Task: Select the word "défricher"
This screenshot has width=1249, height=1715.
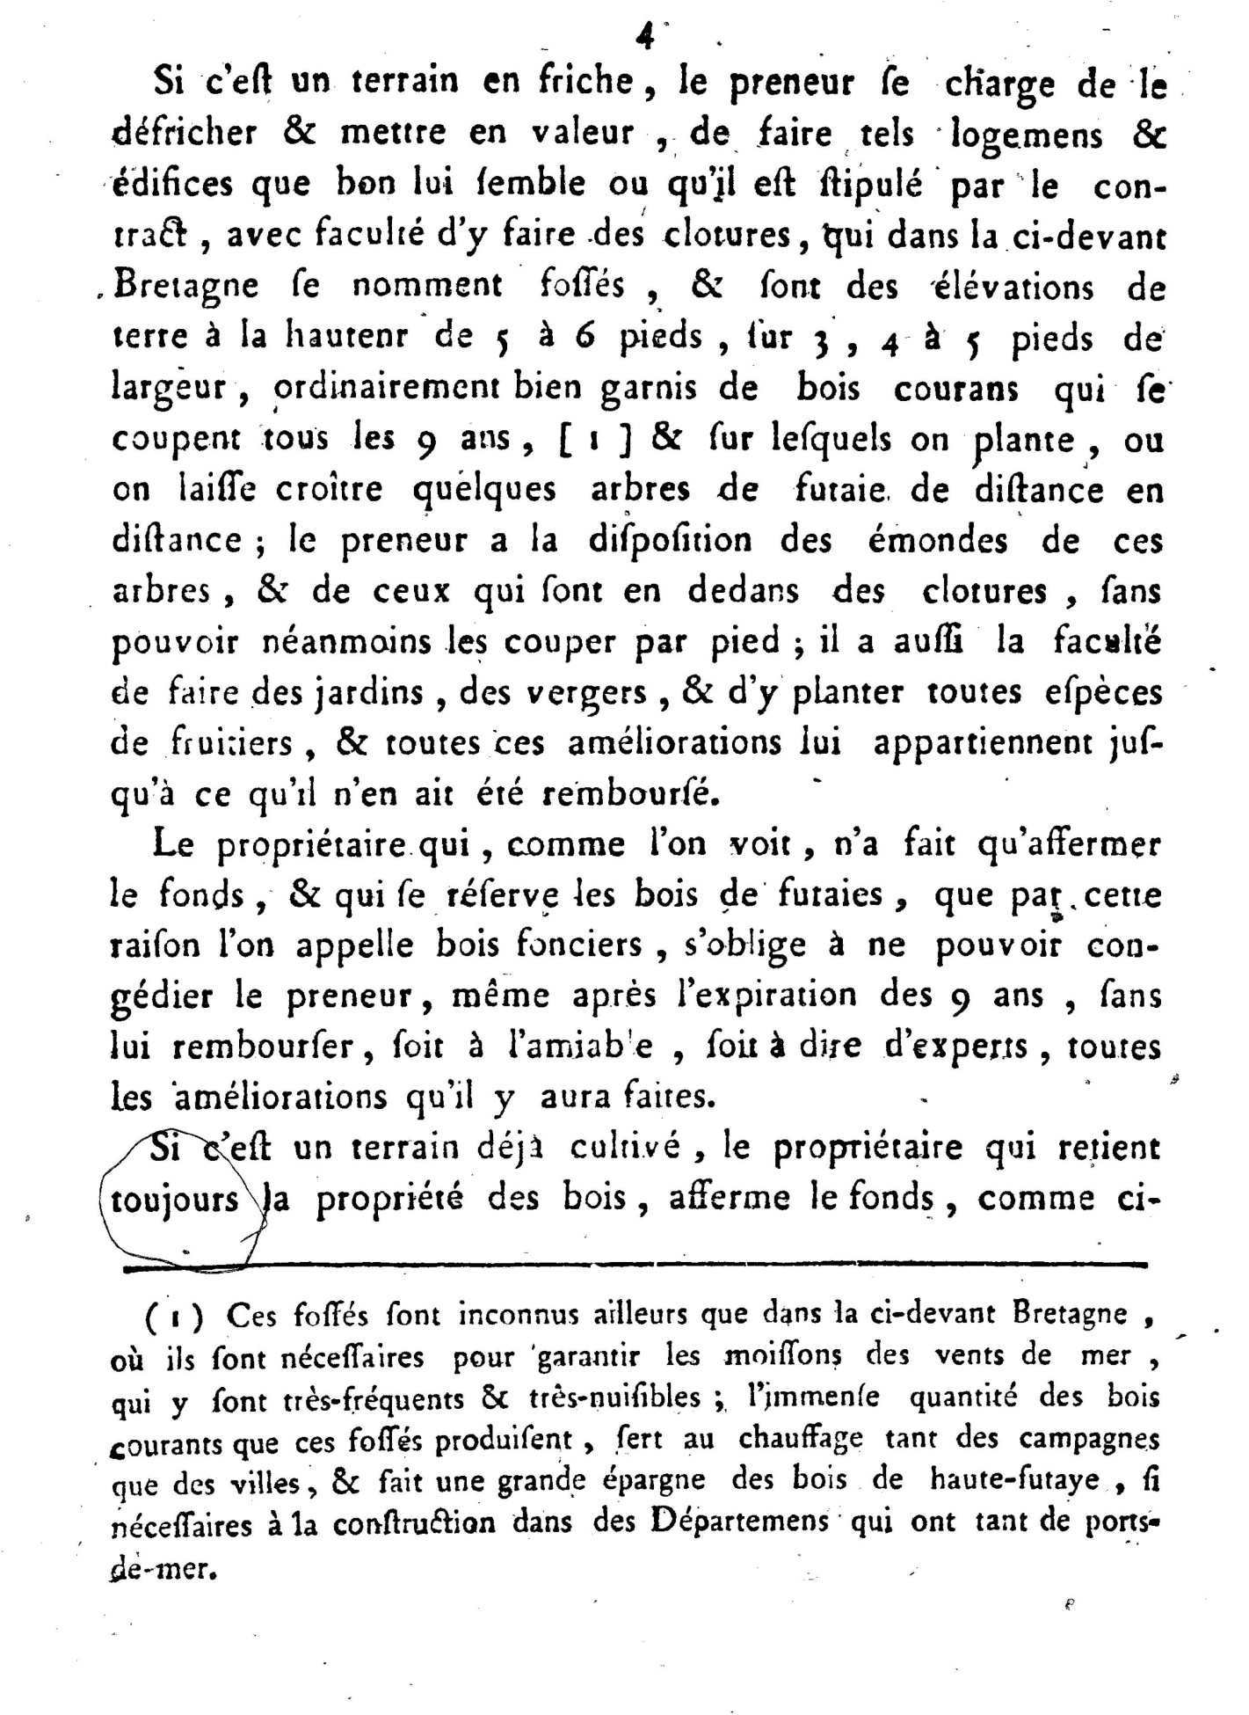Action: click(185, 134)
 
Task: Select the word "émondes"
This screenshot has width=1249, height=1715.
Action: click(938, 539)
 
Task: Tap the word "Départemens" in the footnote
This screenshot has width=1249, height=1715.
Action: click(740, 1521)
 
